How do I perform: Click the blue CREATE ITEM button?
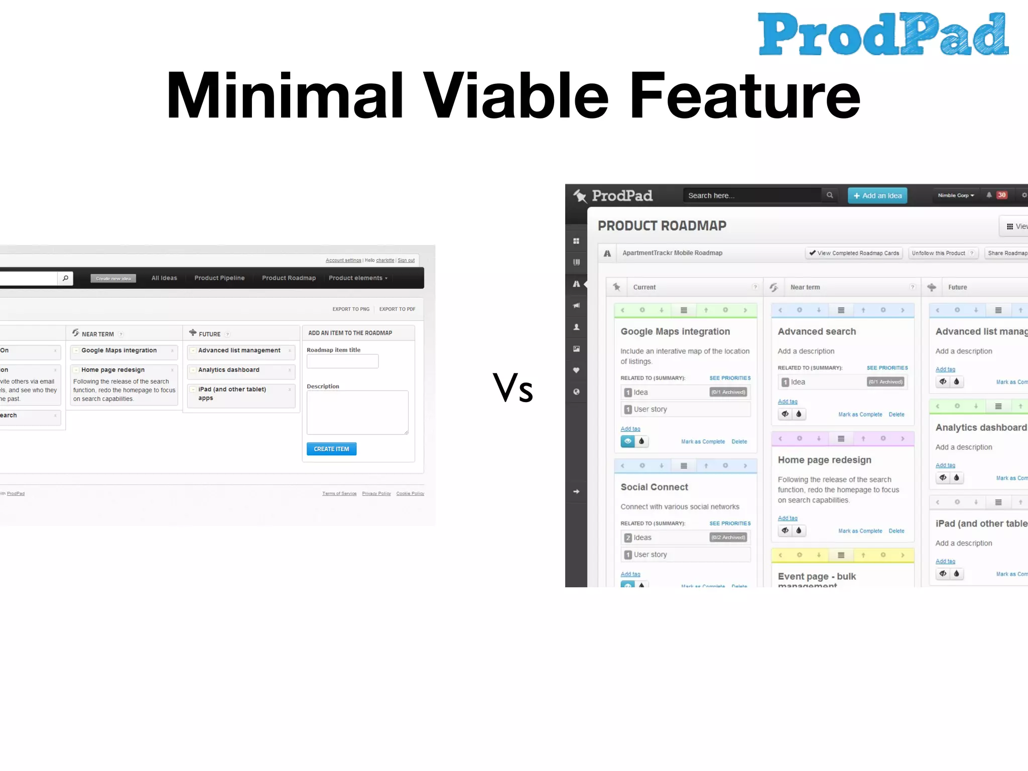[x=331, y=449]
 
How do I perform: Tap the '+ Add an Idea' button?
[x=877, y=196]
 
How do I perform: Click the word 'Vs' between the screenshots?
[x=512, y=388]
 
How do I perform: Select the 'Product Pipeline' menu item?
[x=219, y=278]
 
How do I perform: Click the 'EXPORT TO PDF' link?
[x=397, y=309]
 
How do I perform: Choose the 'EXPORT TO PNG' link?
[x=351, y=309]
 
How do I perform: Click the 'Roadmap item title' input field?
[x=342, y=361]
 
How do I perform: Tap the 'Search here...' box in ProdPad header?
[x=751, y=196]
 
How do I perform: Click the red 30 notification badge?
[x=1002, y=195]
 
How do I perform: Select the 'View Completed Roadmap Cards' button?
[x=854, y=253]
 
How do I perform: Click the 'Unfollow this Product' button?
[x=942, y=253]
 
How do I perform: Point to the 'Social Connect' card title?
[x=654, y=487]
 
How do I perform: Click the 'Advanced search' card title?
[x=817, y=331]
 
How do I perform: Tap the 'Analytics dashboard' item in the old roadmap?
[x=229, y=370]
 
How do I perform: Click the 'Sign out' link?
[x=406, y=261]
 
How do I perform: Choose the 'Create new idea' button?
[x=113, y=279]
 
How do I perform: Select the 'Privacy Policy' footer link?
[x=376, y=493]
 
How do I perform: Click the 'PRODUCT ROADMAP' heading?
[x=662, y=226]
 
